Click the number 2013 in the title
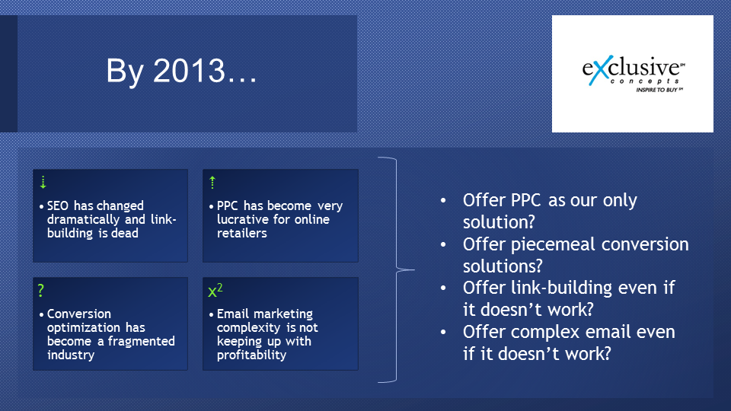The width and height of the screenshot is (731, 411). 190,72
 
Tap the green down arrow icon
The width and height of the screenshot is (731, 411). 43,182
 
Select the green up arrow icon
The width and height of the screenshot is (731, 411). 212,182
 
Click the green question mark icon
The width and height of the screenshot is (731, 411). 41,290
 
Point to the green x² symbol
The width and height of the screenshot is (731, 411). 215,290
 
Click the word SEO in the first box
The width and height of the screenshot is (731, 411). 59,205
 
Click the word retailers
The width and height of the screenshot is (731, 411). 242,233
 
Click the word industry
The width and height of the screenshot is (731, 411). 71,355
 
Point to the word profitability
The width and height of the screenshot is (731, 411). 252,355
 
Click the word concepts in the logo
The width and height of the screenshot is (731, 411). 644,81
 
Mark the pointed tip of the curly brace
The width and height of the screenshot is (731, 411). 414,269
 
